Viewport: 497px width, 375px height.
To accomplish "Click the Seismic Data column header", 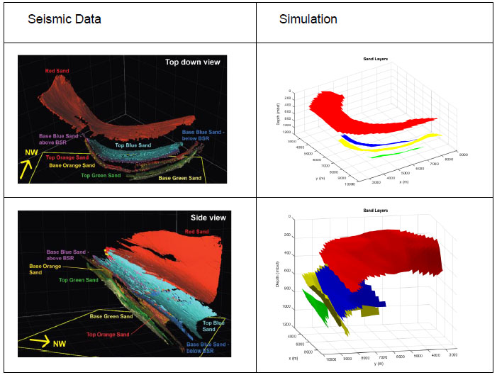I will pyautogui.click(x=65, y=19).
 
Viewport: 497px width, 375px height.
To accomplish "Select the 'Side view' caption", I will pyautogui.click(x=208, y=218).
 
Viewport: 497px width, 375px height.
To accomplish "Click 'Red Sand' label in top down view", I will pyautogui.click(x=56, y=71).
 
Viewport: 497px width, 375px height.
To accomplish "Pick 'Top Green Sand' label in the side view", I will pyautogui.click(x=78, y=280).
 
